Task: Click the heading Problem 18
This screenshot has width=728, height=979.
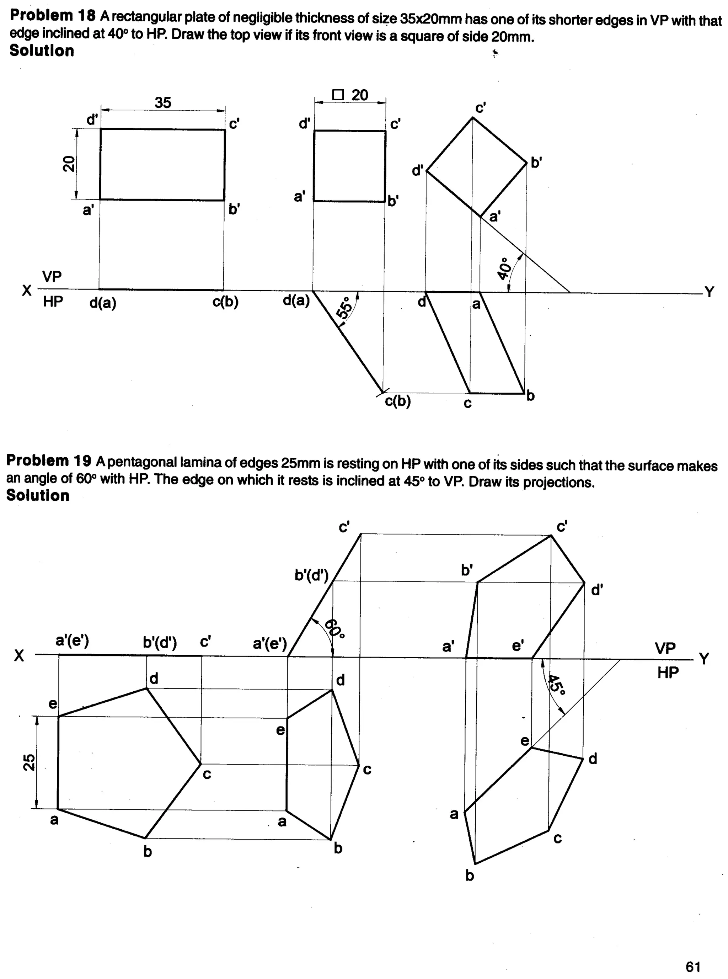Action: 53,16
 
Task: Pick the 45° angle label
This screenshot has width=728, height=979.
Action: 556,685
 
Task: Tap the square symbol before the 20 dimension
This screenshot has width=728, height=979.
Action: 338,95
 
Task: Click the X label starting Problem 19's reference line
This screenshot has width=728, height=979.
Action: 19,656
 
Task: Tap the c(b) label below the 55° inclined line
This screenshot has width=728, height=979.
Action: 397,401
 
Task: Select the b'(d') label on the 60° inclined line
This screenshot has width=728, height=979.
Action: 311,575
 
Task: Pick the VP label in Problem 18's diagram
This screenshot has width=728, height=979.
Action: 52,277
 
